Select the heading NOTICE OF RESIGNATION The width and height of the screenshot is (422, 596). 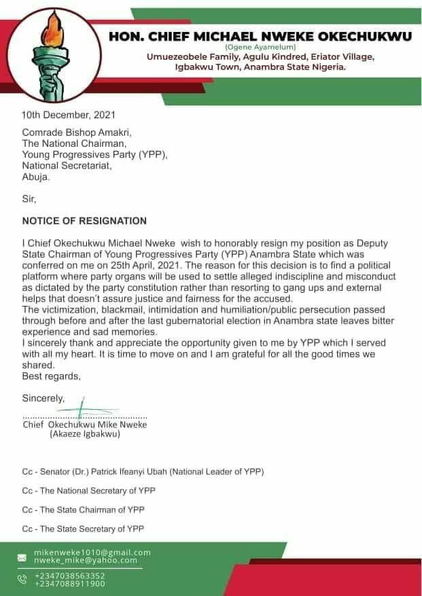click(x=84, y=221)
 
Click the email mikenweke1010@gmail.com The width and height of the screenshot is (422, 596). click(x=92, y=553)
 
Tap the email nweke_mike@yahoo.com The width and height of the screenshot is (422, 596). click(x=86, y=560)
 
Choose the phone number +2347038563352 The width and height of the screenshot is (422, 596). click(x=70, y=576)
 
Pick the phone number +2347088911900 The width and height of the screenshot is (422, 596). click(x=70, y=583)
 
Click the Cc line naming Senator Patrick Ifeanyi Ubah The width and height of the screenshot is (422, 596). click(x=143, y=471)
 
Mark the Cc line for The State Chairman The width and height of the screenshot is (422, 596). click(x=83, y=509)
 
